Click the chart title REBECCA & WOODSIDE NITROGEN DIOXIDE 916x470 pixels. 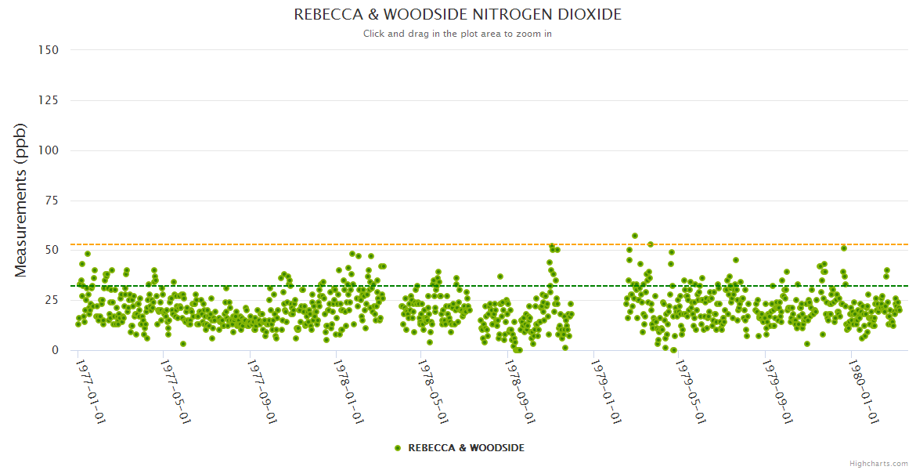(x=457, y=15)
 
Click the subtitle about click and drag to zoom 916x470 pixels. (x=457, y=34)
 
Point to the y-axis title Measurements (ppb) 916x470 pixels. (x=21, y=200)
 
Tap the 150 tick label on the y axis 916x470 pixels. (x=48, y=50)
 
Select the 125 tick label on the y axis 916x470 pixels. (x=48, y=100)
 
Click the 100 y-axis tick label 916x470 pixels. (x=48, y=150)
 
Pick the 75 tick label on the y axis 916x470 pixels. (x=51, y=201)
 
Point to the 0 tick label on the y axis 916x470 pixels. (x=55, y=350)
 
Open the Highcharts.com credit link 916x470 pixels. (x=878, y=464)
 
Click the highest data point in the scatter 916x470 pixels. (x=635, y=236)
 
